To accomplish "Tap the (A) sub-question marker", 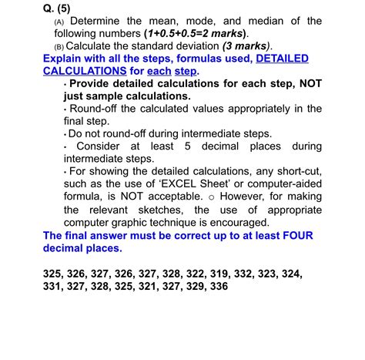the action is [x=59, y=22].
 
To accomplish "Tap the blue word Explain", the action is [x=66, y=59].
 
